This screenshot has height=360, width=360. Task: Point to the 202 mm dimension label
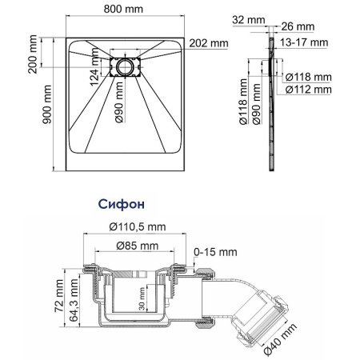click(210, 42)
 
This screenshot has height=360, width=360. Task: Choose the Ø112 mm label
click(310, 90)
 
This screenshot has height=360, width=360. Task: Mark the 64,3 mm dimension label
click(73, 302)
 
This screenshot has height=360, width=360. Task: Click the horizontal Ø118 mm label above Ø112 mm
click(310, 78)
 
